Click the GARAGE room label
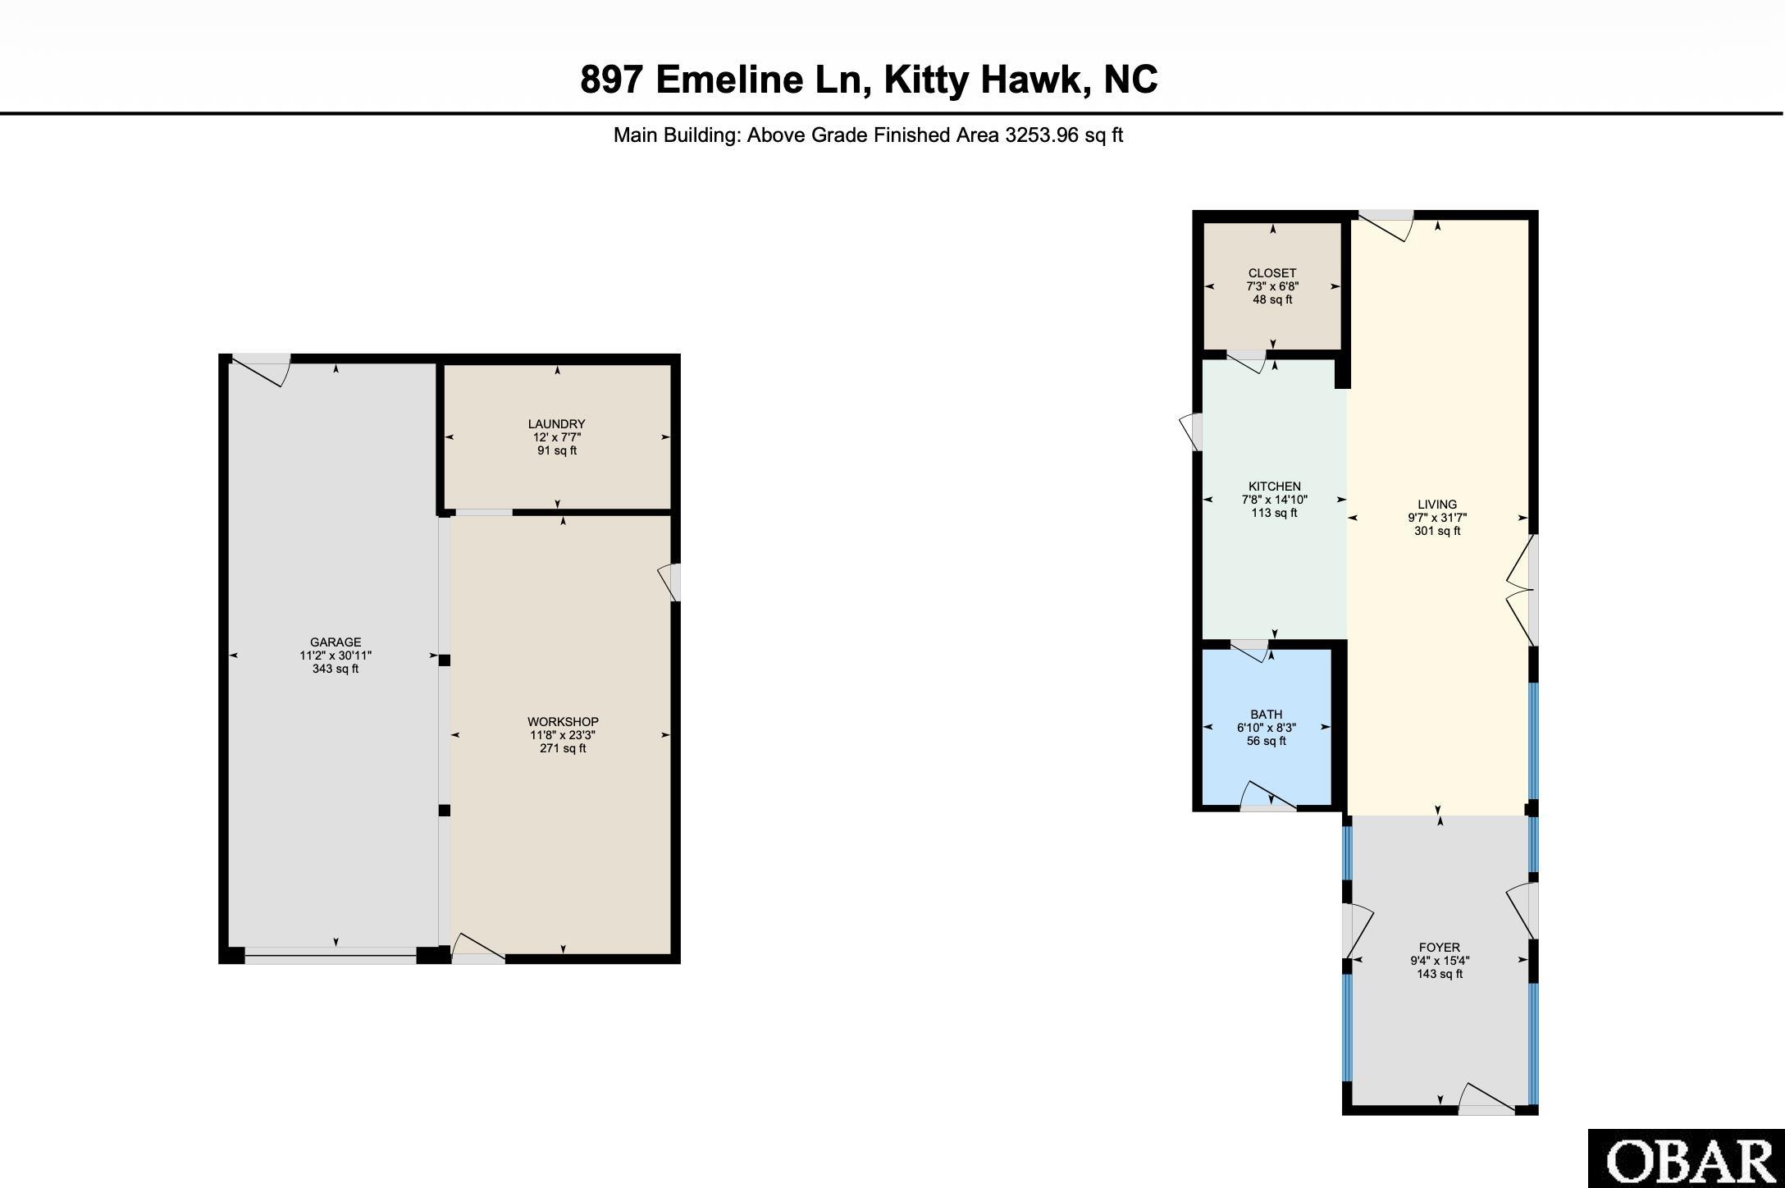336,642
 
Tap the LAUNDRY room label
556,424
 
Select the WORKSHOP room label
563,722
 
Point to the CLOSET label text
1272,273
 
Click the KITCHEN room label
1275,487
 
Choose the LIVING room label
1437,505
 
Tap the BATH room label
1267,715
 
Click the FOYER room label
1440,948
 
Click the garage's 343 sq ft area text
336,669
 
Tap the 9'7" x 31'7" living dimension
1437,518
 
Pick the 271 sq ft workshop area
563,748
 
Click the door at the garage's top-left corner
261,369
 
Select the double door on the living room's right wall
1522,590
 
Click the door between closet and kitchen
1247,361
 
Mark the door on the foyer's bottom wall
1486,1099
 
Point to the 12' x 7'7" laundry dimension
556,437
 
